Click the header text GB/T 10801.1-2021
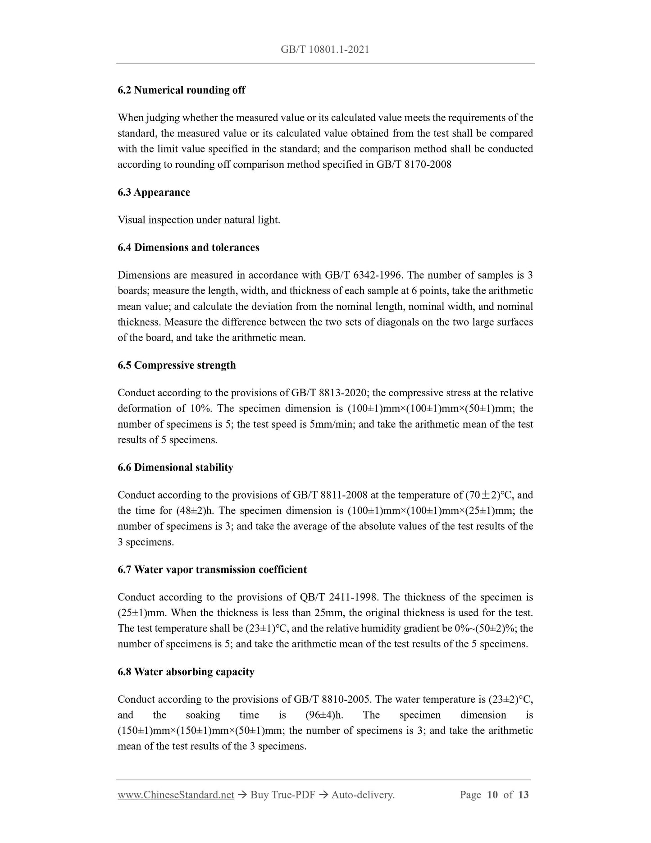(325, 50)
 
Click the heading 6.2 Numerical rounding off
(181, 90)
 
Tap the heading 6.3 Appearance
(154, 192)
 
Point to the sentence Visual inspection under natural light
(199, 220)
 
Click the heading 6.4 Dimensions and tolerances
(188, 247)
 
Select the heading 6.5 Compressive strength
(177, 365)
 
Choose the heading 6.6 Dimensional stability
(175, 467)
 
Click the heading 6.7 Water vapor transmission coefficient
(212, 570)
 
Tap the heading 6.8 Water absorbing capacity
(186, 672)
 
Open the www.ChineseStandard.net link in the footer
(176, 795)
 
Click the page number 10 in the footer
(492, 795)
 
